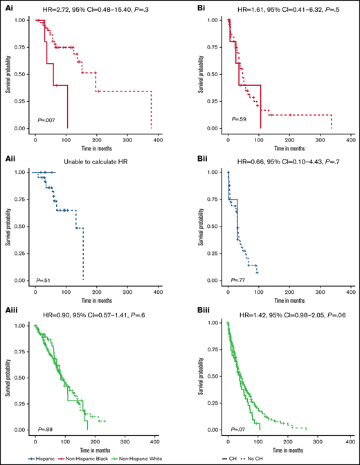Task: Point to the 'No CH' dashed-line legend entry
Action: point(342,457)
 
